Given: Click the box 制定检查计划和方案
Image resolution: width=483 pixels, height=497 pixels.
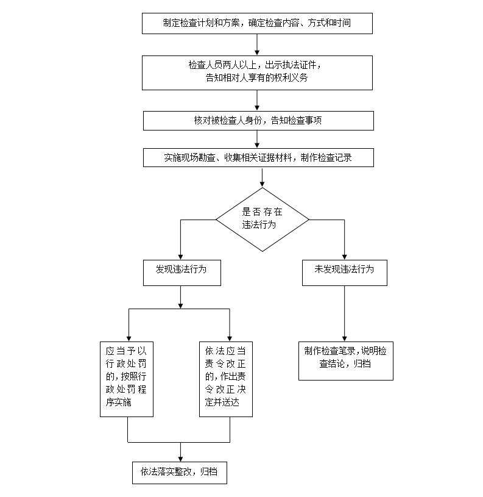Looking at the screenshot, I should pyautogui.click(x=257, y=23).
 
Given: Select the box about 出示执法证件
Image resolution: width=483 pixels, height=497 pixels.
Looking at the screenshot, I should pyautogui.click(x=257, y=71).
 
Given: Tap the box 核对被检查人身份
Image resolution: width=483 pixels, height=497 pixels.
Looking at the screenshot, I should pyautogui.click(x=257, y=121).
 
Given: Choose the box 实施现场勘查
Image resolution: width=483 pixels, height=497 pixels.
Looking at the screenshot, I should pyautogui.click(x=257, y=157).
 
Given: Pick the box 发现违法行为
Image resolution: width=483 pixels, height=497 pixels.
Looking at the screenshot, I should pyautogui.click(x=181, y=273).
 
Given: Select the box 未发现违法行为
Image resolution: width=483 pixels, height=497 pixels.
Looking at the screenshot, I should pyautogui.click(x=344, y=273).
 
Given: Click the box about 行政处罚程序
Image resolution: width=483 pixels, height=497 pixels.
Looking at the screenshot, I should pyautogui.click(x=127, y=379).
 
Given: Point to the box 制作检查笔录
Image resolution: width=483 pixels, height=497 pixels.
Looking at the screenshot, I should pyautogui.click(x=345, y=358).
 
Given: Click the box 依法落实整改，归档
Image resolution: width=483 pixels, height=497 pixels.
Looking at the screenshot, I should pyautogui.click(x=179, y=472).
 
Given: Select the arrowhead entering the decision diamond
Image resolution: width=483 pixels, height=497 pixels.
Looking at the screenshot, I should pyautogui.click(x=263, y=181).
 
